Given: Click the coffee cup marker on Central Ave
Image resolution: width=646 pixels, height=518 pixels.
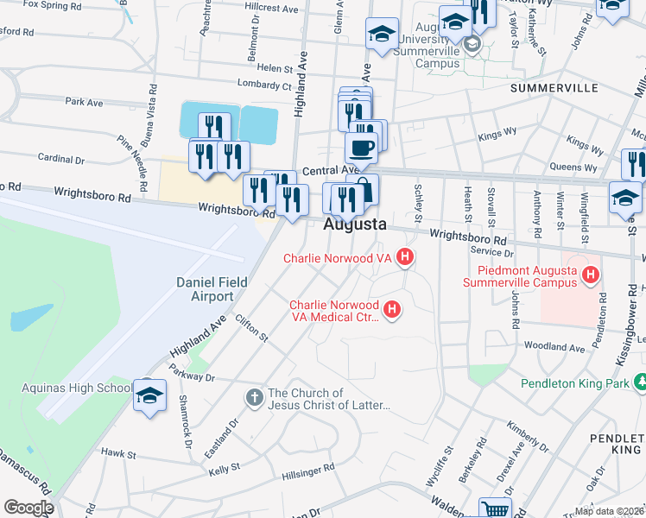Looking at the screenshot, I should (x=361, y=147).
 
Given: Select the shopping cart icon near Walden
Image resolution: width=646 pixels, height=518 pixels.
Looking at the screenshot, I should (x=495, y=509).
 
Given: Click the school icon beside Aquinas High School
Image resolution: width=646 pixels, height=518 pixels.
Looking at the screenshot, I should (x=149, y=395).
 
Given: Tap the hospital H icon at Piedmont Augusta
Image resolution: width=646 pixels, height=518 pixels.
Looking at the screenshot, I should (x=591, y=275).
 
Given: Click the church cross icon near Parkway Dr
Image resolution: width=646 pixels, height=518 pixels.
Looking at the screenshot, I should (x=254, y=398).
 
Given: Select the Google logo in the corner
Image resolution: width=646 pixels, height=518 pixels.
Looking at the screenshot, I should (x=28, y=508).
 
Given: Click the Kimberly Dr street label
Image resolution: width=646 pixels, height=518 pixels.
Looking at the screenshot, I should (x=528, y=434).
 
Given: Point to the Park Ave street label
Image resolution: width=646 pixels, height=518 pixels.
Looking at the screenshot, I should (x=83, y=103).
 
